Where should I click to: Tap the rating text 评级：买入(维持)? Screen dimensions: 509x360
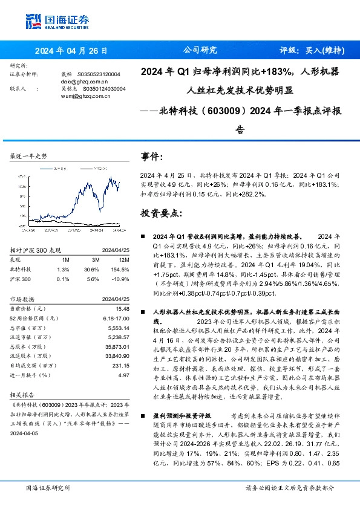pos(309,50)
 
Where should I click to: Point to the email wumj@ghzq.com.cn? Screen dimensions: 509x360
pos(85,95)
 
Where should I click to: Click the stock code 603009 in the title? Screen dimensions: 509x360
pos(229,110)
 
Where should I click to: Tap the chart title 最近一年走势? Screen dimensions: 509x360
pos(29,155)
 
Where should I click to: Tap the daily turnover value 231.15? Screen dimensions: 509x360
pos(121,365)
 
